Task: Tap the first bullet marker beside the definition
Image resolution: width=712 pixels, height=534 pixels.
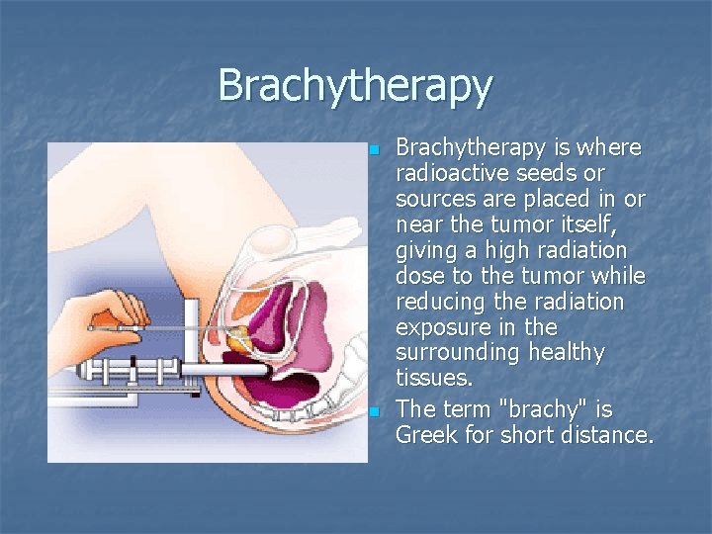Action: point(374,150)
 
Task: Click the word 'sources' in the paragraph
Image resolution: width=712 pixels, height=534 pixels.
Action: point(435,199)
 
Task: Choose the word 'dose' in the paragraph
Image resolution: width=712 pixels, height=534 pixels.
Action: point(420,276)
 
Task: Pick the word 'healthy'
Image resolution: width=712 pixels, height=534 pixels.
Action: point(570,353)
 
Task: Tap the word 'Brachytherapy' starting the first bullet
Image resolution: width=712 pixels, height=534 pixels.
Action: point(471,147)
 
